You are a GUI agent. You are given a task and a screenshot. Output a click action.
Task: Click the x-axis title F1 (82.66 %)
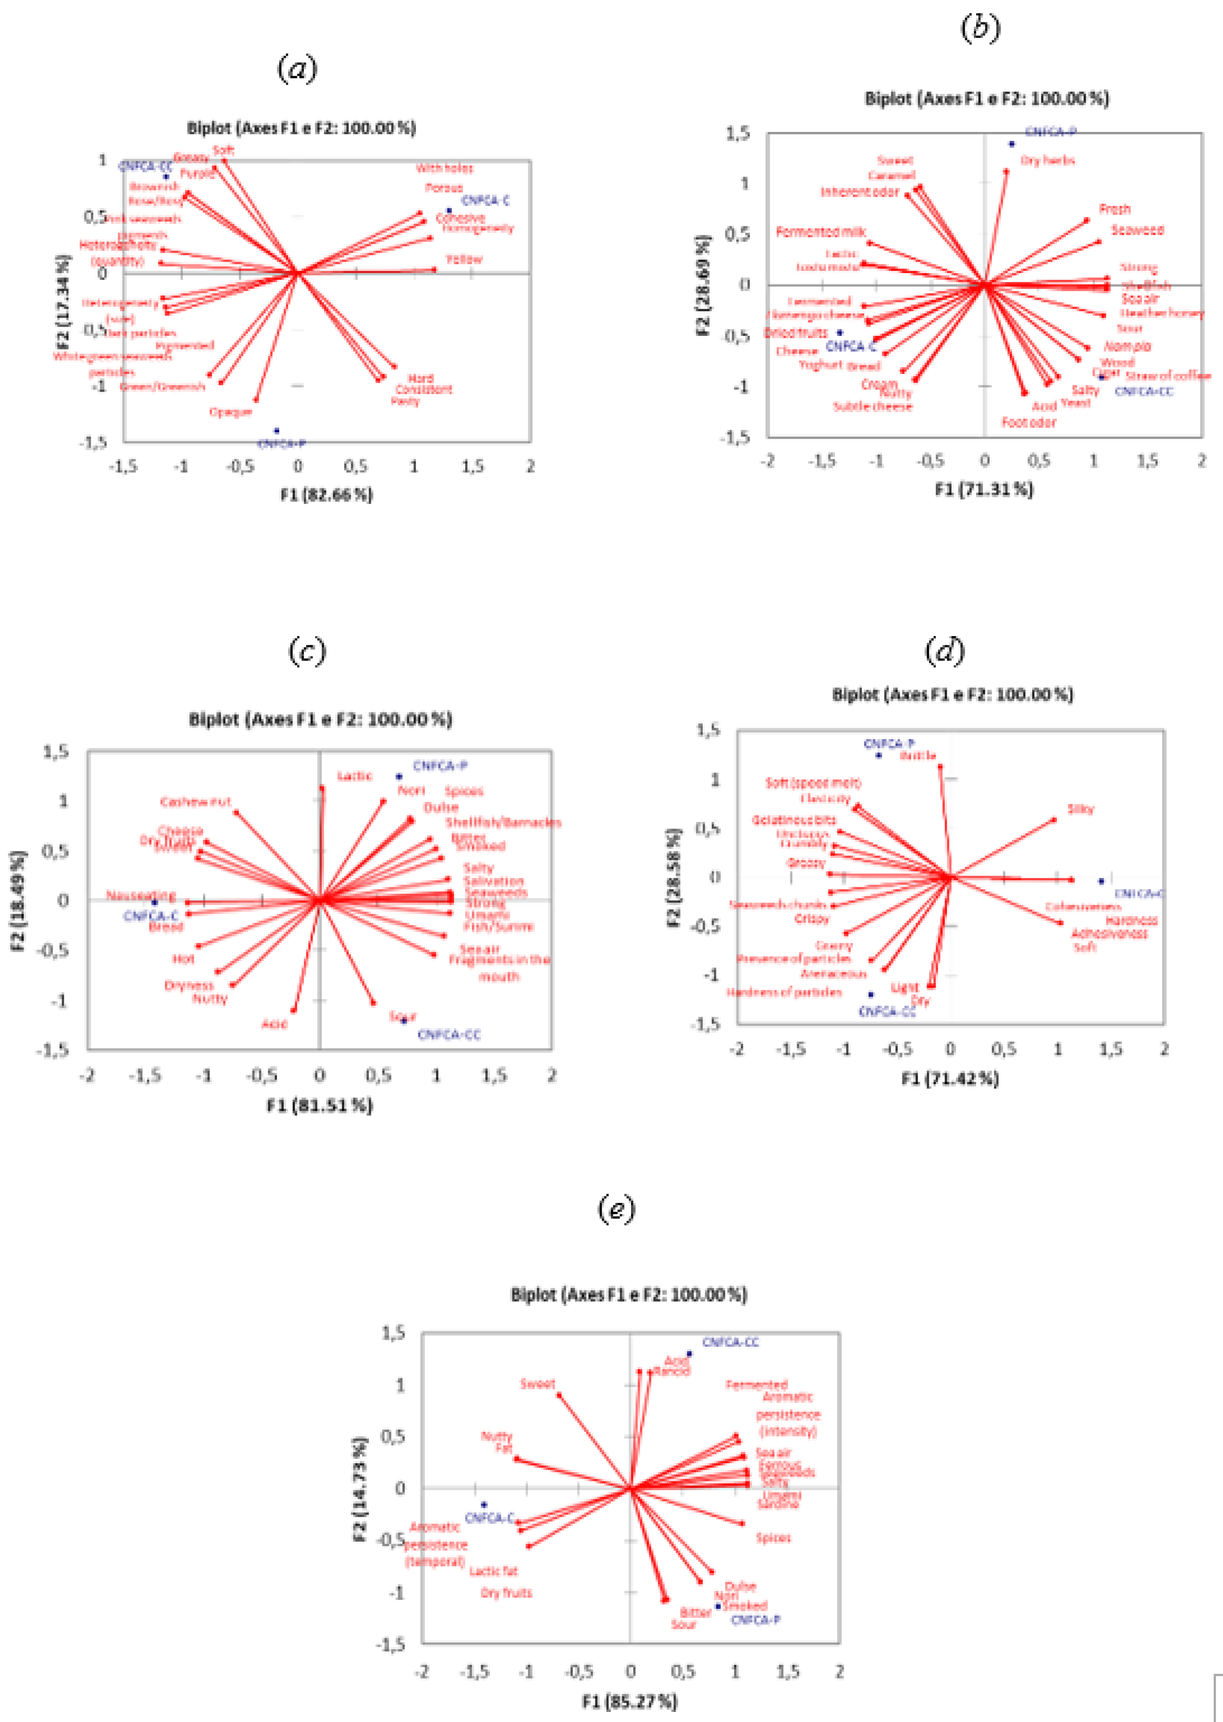327,495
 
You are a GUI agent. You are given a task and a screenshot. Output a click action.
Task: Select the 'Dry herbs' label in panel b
1048,160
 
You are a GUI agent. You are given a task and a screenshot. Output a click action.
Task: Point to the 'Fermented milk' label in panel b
821,232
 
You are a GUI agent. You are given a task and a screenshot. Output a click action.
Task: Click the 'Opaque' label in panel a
231,412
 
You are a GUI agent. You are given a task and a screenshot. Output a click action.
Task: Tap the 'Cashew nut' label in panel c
196,802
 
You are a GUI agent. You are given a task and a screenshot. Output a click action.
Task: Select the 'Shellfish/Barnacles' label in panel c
503,822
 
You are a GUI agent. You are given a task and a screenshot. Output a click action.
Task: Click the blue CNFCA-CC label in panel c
449,1035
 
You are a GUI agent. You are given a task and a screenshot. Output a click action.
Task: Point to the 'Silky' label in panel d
1080,809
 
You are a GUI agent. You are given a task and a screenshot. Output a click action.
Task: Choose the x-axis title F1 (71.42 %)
950,1079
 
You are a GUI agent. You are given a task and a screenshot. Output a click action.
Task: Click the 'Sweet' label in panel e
538,1384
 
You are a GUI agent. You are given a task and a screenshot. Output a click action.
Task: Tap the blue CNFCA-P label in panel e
756,1619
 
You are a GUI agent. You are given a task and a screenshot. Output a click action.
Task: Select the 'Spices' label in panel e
774,1537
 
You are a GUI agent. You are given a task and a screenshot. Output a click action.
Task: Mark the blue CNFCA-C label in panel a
485,200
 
